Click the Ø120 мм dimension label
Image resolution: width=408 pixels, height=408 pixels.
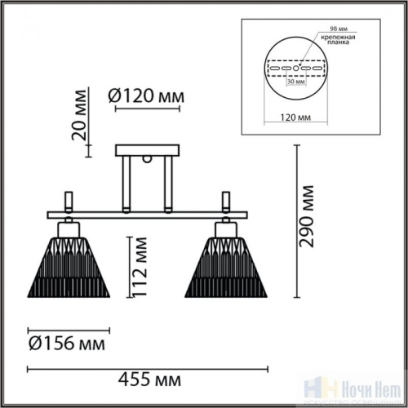tap(147, 96)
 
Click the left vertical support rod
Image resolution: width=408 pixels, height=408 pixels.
tap(127, 184)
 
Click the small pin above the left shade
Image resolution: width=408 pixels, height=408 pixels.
tap(69, 201)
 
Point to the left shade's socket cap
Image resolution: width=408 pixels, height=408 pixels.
tap(70, 227)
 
